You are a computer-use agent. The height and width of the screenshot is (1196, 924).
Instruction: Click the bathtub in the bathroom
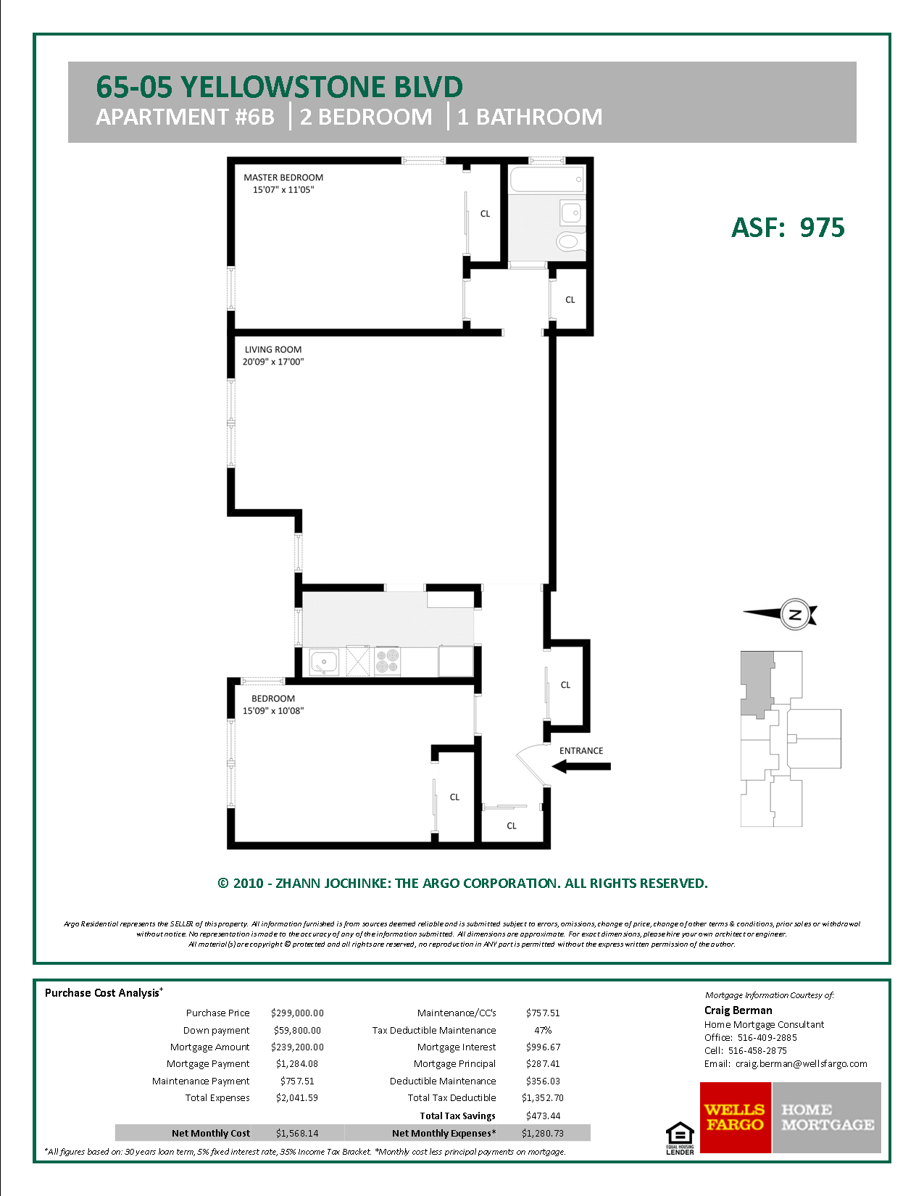coord(546,179)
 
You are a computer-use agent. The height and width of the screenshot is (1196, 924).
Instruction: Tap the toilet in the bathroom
coord(569,241)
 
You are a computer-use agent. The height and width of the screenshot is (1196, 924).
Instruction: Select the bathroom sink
coord(571,212)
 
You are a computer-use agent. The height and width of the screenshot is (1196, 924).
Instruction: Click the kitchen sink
coord(324,662)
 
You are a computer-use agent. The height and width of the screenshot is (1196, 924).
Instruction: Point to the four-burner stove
coord(388,661)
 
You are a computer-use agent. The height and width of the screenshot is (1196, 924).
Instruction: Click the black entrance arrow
coord(581,766)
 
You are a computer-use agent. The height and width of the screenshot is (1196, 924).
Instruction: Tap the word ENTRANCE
coord(581,751)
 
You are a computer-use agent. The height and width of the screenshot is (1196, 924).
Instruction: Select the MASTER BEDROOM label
coord(283,178)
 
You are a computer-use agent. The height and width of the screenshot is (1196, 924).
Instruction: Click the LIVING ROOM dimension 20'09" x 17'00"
coord(273,362)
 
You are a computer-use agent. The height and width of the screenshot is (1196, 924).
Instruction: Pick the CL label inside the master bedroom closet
coord(485,214)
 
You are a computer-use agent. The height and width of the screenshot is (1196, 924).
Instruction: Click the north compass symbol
coord(794,615)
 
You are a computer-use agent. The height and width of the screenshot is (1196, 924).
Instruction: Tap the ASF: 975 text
coord(788,228)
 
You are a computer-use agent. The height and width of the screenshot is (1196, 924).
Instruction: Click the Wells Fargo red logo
coord(735,1118)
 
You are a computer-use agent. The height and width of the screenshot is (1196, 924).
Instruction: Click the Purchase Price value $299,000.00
coord(297,1013)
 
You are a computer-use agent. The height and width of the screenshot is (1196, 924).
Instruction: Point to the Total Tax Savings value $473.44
coord(543,1116)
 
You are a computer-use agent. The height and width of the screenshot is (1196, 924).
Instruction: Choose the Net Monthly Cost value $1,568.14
coord(297,1134)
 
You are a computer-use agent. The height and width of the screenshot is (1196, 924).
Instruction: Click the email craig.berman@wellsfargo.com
coord(801,1064)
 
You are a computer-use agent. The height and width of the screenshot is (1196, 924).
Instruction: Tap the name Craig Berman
coord(738,1010)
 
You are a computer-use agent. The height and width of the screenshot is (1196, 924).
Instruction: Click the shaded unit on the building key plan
coord(756,681)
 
